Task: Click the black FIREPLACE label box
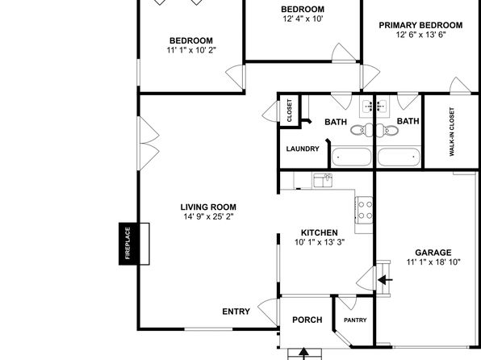[128, 244]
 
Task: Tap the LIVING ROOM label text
[208, 207]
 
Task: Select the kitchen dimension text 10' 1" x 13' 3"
[320, 242]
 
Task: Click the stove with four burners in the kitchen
[364, 210]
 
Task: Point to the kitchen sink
[323, 181]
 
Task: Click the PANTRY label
[355, 320]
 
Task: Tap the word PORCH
[307, 320]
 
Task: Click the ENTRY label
[236, 312]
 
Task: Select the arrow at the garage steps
[385, 280]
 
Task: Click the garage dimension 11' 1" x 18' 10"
[433, 262]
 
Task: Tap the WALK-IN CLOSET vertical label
[452, 132]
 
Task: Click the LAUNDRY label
[303, 149]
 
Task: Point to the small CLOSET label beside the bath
[289, 111]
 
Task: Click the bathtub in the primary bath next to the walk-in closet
[399, 157]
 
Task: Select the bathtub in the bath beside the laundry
[352, 157]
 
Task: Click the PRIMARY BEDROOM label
[420, 25]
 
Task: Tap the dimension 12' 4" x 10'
[303, 19]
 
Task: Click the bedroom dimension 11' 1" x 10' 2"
[191, 50]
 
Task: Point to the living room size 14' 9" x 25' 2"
[208, 216]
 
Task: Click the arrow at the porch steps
[303, 354]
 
